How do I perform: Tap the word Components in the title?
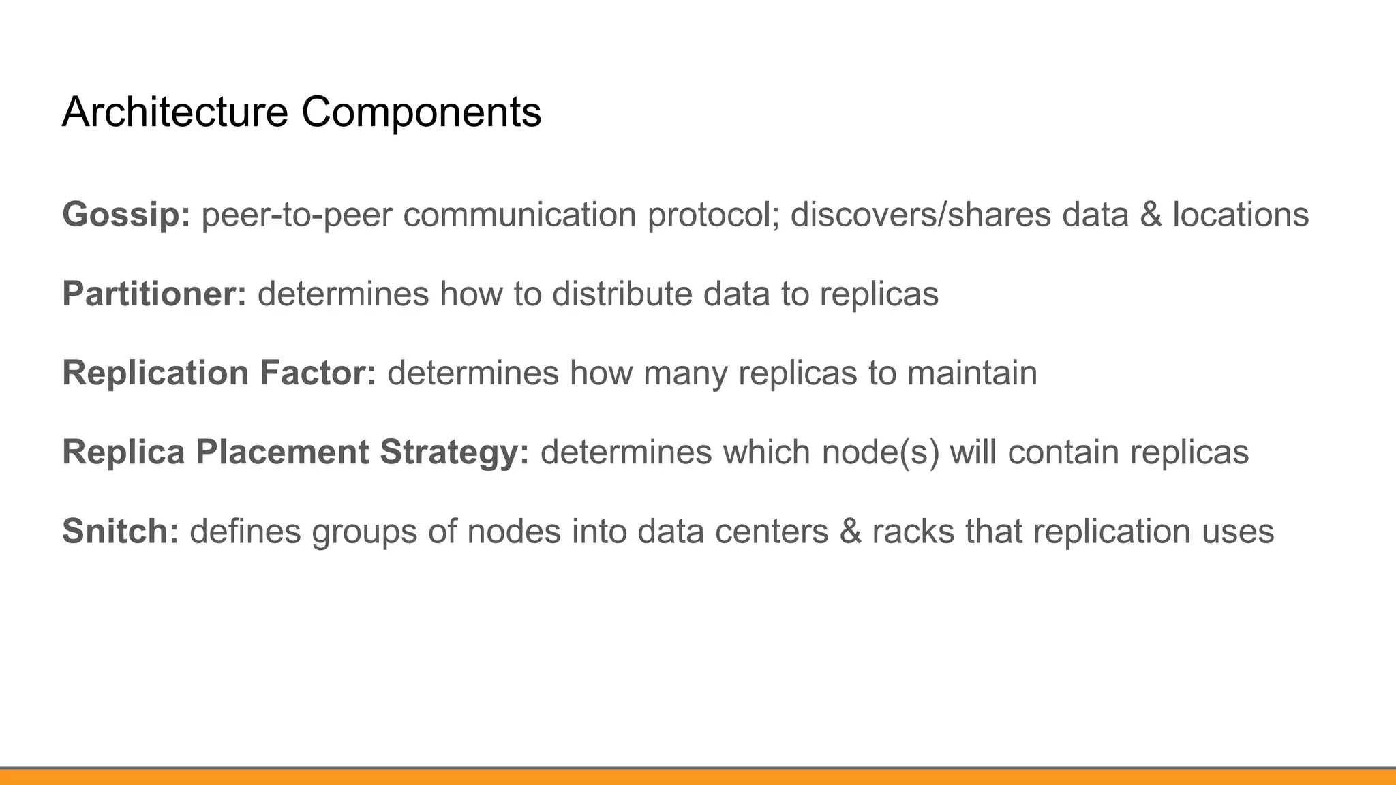[421, 112]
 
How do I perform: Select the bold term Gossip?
[126, 215]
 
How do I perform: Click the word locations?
[1241, 215]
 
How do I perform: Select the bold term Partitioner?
[154, 294]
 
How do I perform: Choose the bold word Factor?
[318, 373]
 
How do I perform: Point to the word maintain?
[972, 373]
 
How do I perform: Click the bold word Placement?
[282, 452]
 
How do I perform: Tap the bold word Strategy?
[454, 452]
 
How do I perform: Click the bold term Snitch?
[120, 532]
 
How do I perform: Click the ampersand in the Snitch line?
[850, 532]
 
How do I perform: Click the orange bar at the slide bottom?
[698, 778]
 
